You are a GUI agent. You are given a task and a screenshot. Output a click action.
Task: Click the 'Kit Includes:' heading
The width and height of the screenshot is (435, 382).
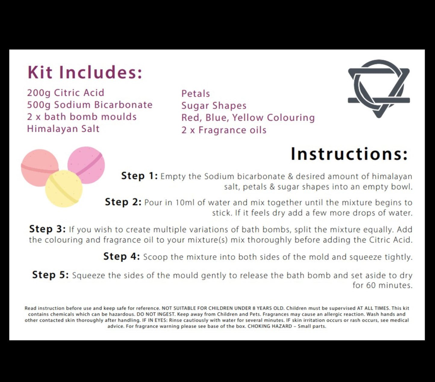click(x=85, y=72)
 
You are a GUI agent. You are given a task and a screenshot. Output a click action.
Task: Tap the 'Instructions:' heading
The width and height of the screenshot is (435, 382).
click(x=349, y=154)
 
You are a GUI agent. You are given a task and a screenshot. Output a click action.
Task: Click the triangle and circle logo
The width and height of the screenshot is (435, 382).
click(x=379, y=88)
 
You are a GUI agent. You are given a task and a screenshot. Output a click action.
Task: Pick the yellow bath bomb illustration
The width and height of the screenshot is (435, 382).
click(x=64, y=189)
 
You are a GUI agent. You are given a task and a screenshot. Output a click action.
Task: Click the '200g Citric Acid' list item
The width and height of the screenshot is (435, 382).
click(x=66, y=93)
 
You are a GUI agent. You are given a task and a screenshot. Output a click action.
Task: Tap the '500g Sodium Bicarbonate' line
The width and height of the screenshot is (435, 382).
click(x=90, y=105)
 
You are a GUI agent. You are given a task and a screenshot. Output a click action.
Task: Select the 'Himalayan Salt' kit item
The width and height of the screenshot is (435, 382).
click(x=63, y=129)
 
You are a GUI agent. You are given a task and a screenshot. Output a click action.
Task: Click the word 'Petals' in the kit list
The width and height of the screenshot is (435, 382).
click(x=195, y=94)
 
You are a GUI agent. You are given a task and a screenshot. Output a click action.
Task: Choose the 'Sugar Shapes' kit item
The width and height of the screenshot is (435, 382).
click(x=214, y=106)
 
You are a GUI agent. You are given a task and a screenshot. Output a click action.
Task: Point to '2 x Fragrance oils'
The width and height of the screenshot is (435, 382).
click(x=224, y=130)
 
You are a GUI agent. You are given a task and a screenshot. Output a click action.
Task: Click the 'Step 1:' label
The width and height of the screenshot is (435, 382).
click(x=139, y=176)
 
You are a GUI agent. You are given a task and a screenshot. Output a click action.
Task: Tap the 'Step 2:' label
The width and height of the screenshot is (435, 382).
click(x=123, y=202)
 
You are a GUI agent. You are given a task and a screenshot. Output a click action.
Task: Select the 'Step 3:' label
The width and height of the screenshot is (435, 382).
click(x=47, y=229)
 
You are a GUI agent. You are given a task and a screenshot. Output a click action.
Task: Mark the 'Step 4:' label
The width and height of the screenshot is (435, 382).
click(x=122, y=256)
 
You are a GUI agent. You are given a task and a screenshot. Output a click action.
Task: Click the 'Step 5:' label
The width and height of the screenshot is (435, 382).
click(x=51, y=275)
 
